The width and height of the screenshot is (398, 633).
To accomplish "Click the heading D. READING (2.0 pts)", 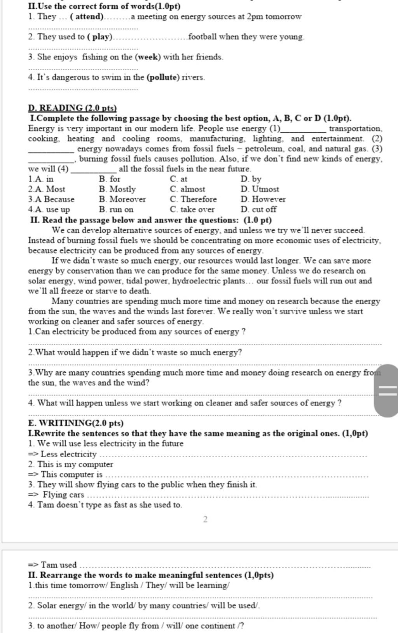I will [72, 108].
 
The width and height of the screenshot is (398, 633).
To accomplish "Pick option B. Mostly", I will [117, 189].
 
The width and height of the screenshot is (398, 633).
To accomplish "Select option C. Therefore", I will [193, 199].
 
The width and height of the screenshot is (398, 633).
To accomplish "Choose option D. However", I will [263, 199].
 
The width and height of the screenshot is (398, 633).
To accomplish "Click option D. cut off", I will [258, 209].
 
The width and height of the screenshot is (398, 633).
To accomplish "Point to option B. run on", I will [116, 209].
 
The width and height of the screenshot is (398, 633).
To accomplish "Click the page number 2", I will [205, 519].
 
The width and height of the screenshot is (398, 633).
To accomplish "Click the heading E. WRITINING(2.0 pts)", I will [76, 423].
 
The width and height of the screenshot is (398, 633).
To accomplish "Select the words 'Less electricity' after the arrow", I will [68, 454].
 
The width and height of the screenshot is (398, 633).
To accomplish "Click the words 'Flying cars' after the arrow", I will [63, 495].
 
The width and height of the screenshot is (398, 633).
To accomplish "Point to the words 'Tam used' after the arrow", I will [59, 565].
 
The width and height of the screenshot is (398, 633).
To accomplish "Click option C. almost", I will [187, 189].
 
